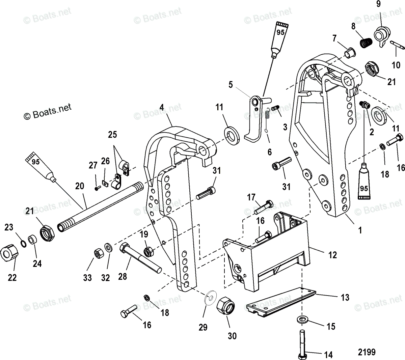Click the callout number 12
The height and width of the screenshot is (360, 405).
click(x=332, y=255)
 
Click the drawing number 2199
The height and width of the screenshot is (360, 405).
click(x=367, y=352)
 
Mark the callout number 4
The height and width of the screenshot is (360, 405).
click(x=162, y=108)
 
